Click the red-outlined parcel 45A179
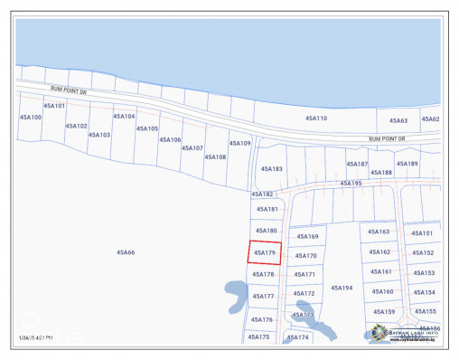coord(265,252)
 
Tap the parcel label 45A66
coord(125,252)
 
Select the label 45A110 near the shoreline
coord(315,118)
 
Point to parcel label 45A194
coord(341,288)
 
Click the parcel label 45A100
coord(31,117)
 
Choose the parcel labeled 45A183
coord(271,169)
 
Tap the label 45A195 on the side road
coord(351,184)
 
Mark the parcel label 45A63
coord(398,120)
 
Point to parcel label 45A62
coord(430,119)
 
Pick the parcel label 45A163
coord(379,232)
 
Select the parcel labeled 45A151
coord(422,232)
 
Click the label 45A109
coord(239,143)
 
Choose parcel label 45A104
coord(124,116)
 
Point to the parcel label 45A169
coord(307,236)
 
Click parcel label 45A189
coord(407,164)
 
